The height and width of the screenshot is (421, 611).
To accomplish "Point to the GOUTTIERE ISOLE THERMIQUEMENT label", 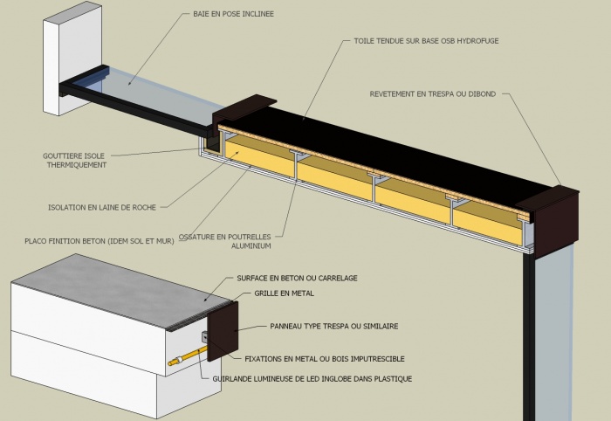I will pyautogui.click(x=75, y=160).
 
